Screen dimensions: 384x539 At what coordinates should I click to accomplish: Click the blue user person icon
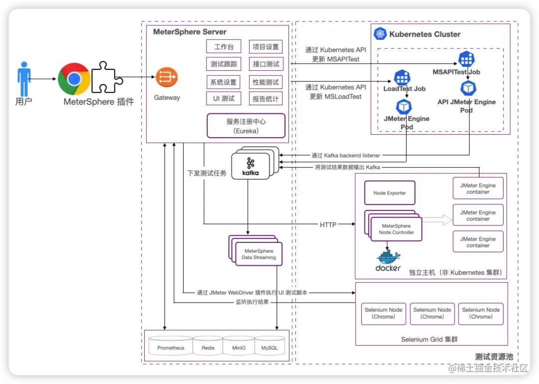pos(24,79)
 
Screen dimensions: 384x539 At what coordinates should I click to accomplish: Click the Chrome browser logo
pos(74,79)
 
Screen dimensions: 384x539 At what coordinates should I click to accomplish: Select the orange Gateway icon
pos(164,77)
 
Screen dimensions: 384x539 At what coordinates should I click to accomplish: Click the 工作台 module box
pos(224,47)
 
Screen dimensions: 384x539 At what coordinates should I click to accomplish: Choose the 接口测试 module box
pos(266,64)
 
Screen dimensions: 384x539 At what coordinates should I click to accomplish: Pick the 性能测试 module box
pos(266,82)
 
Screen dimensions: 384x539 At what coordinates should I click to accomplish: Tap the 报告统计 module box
pos(266,99)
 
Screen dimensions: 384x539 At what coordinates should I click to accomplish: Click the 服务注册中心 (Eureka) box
pos(246,126)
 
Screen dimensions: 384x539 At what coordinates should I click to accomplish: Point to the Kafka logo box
pos(251,167)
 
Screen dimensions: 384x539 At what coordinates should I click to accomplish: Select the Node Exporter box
pos(390,193)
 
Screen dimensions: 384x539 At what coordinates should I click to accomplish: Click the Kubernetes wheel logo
pos(381,34)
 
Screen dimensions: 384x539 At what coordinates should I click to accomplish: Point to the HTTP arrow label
pos(328,225)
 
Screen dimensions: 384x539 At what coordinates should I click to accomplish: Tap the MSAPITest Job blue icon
pos(466,58)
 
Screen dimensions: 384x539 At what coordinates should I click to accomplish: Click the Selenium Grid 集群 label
pos(429,340)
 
